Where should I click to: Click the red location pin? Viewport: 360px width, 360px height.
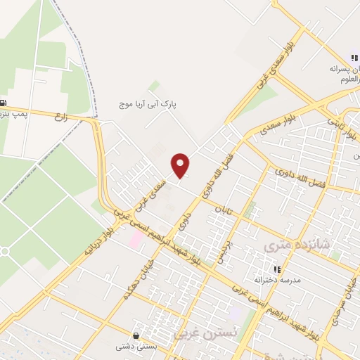pos(181,165)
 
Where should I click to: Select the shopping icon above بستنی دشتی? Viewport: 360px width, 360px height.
pos(136,335)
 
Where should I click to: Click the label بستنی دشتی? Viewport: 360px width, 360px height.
pos(136,346)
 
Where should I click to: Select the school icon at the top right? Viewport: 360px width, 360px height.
pos(354,58)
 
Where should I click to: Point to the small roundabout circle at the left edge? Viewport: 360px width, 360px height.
pos(4,252)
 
